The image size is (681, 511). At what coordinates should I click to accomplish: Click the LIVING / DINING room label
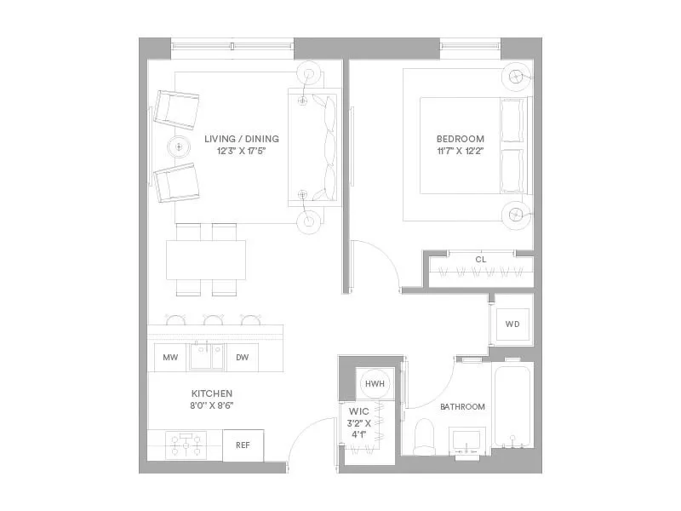(x=242, y=139)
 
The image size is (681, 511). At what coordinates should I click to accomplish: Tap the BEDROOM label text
(x=460, y=139)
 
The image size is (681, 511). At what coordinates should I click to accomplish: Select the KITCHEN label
(x=212, y=393)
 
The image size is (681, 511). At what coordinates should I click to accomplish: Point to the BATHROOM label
(x=462, y=407)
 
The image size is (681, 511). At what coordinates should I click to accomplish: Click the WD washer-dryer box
(x=512, y=324)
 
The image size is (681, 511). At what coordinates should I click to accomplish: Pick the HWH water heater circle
(x=375, y=385)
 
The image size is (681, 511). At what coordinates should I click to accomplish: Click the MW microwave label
(x=170, y=359)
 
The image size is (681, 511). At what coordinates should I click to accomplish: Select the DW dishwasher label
(x=242, y=359)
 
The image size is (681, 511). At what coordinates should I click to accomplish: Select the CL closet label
(x=480, y=259)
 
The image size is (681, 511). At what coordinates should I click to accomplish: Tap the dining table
(x=206, y=260)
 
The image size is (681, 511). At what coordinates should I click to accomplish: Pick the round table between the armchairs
(x=180, y=146)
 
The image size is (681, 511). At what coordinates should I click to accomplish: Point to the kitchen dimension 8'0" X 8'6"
(x=212, y=405)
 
